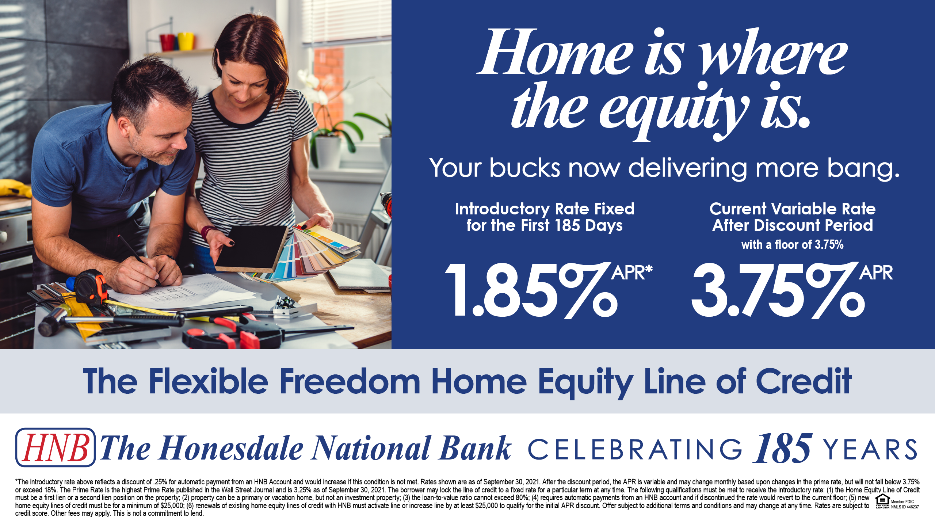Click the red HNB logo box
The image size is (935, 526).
pos(56,447)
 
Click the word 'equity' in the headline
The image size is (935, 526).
pos(673,110)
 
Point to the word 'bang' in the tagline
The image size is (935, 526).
pos(863,169)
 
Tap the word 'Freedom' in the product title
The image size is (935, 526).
pos(350,381)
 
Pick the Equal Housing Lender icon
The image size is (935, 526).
pos(882,501)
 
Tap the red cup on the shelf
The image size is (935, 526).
pos(168,42)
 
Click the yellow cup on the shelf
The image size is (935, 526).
pos(186,41)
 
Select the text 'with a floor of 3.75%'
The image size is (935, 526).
pos(792,244)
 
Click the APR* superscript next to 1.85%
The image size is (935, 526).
pos(632,272)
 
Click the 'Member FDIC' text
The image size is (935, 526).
pos(902,502)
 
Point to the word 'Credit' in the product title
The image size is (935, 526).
pos(804,381)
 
